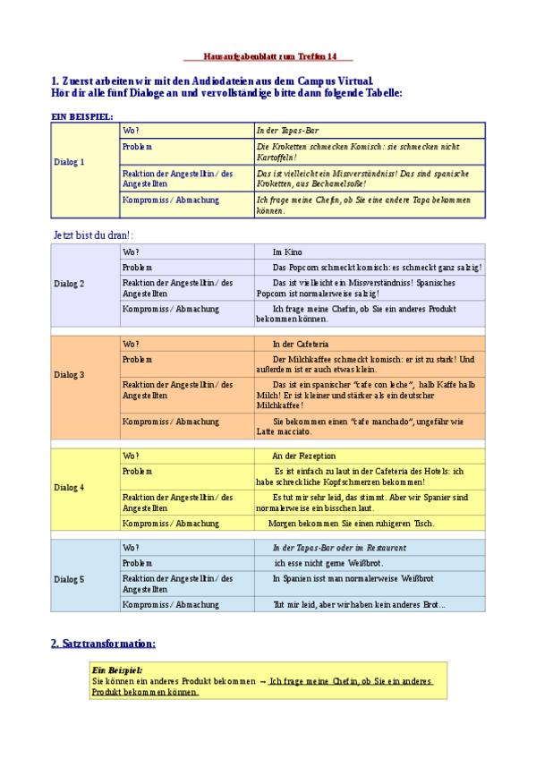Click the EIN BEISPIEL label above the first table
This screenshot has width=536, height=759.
(82, 115)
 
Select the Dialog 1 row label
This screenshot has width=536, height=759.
(69, 162)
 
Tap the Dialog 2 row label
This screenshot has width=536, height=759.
(69, 284)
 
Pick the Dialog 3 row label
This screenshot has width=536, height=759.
(69, 374)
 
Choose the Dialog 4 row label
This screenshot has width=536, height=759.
(69, 488)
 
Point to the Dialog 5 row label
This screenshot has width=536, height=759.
(69, 579)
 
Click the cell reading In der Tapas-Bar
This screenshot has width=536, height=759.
(288, 131)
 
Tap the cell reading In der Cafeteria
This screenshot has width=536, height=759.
(301, 344)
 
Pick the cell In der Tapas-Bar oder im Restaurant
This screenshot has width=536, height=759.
(339, 547)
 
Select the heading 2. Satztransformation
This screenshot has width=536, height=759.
(103, 643)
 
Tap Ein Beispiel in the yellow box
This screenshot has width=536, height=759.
(117, 669)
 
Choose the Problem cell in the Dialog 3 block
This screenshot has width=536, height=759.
(138, 359)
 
